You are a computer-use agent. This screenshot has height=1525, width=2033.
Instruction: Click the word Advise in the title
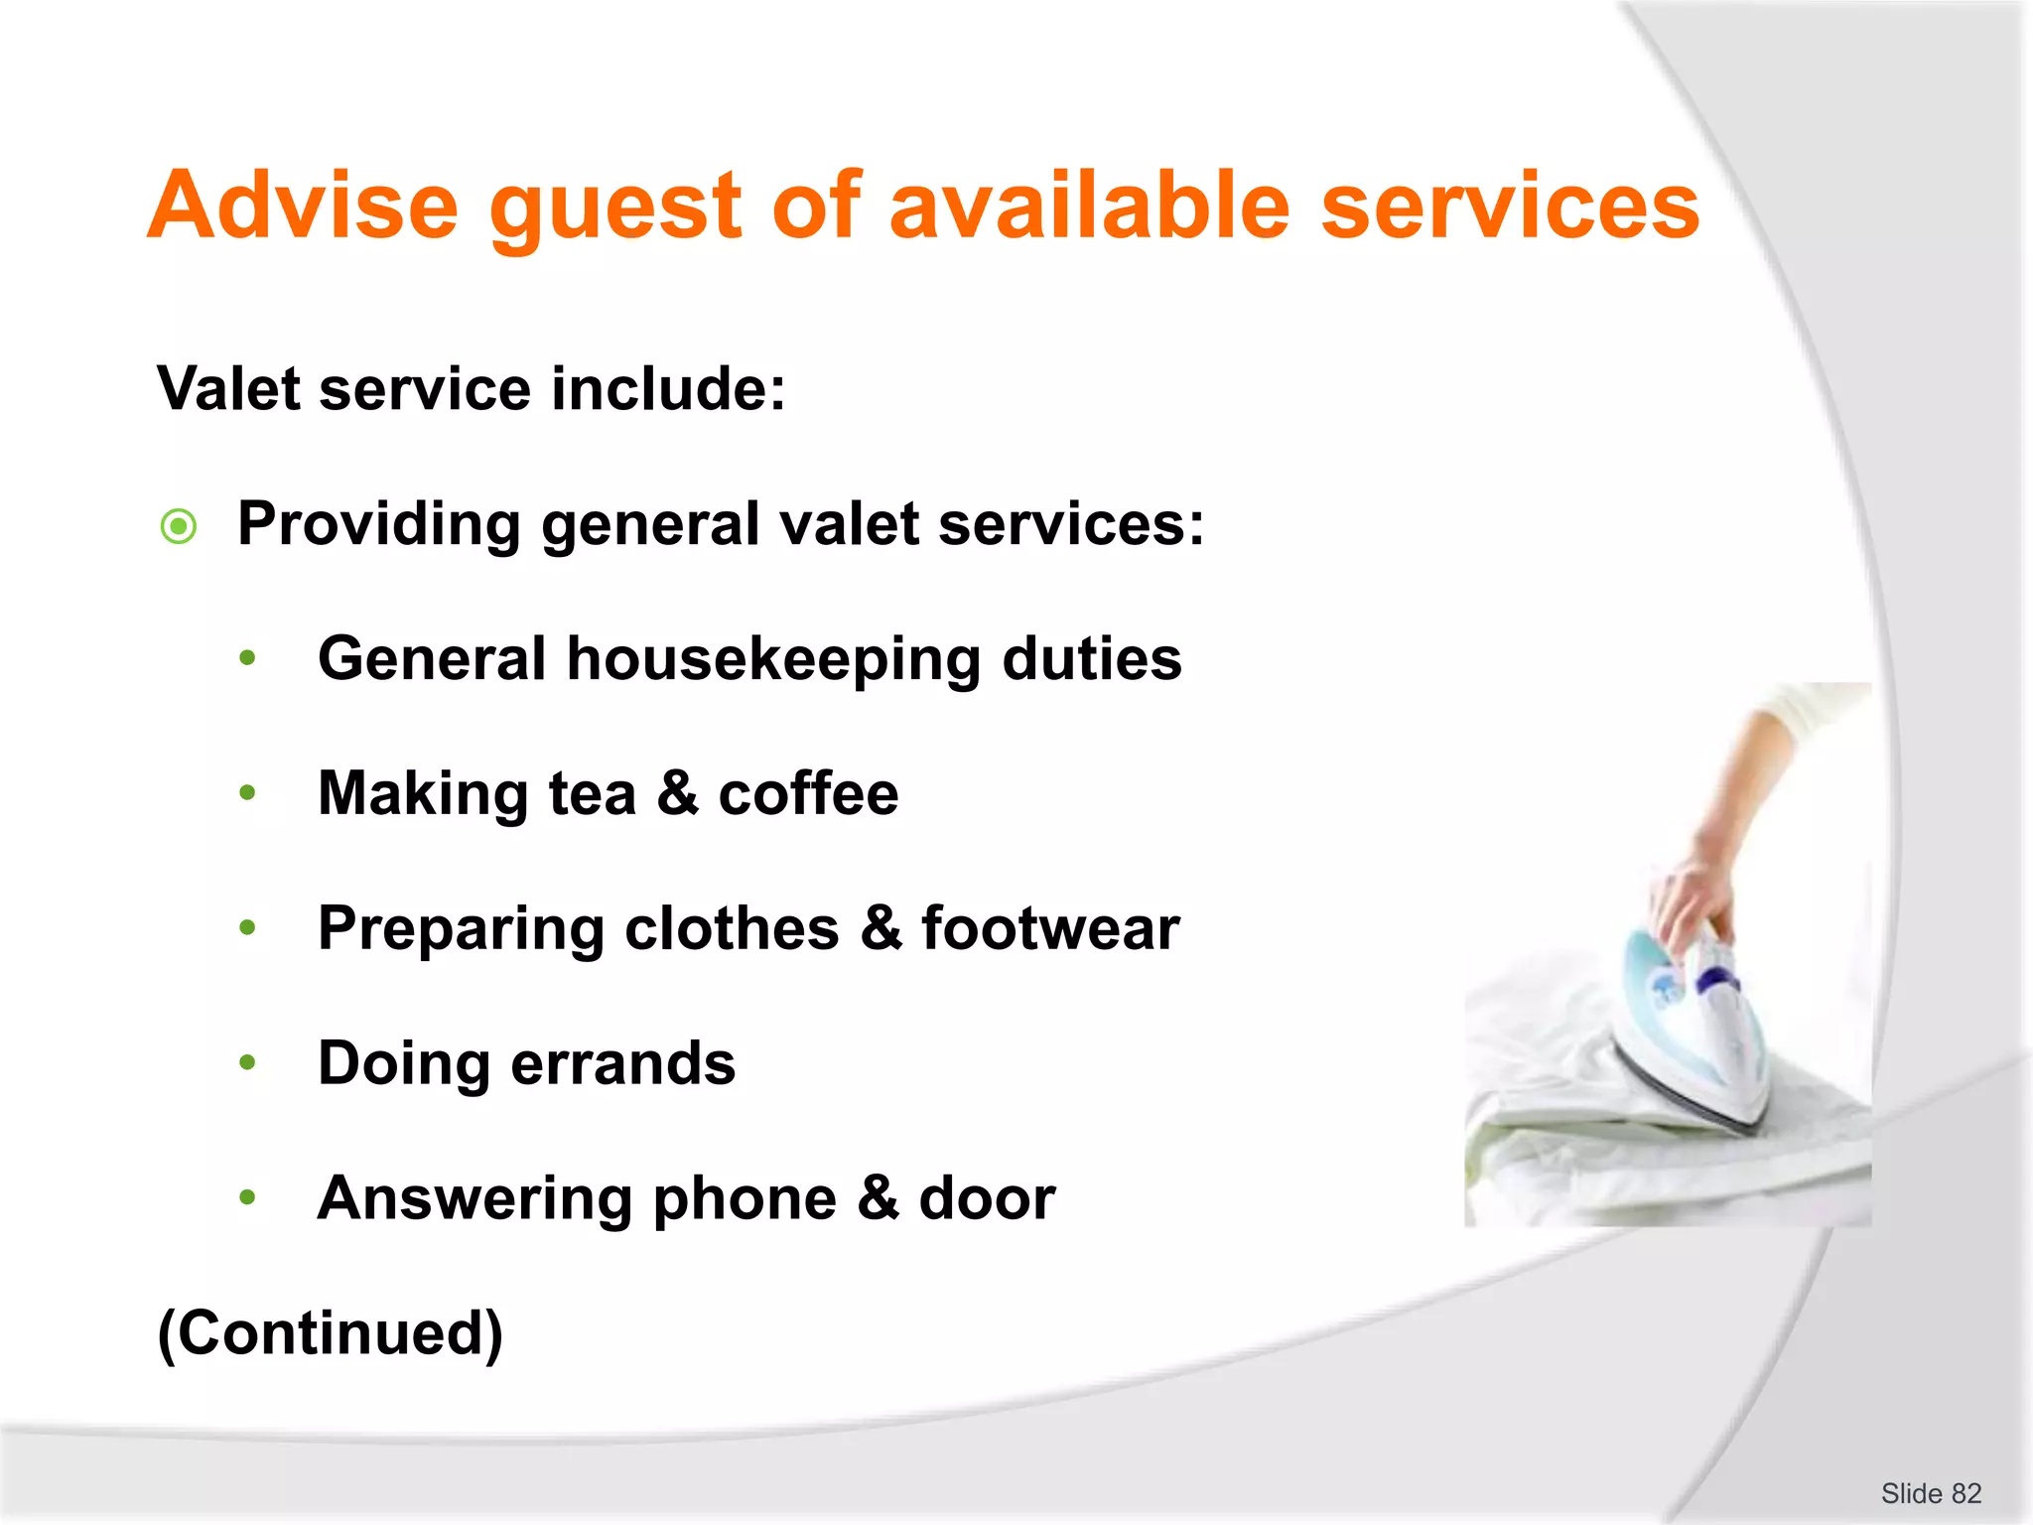[x=303, y=206]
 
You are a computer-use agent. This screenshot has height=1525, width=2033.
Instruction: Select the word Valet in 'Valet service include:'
[x=228, y=388]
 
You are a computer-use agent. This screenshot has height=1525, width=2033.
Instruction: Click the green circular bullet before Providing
[x=179, y=525]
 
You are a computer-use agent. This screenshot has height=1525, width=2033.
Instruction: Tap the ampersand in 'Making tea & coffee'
[x=677, y=793]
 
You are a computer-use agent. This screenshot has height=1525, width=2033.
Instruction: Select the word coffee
[x=808, y=793]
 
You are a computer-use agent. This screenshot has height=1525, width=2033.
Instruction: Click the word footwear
[x=1050, y=928]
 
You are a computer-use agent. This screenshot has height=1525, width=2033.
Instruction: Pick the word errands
[x=623, y=1063]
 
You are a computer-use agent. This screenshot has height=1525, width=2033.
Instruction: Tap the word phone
[x=745, y=1198]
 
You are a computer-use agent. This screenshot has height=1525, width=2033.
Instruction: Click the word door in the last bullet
[x=987, y=1198]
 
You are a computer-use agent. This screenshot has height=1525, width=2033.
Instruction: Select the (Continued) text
[x=331, y=1333]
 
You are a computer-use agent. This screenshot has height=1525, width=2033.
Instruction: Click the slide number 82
[x=1965, y=1493]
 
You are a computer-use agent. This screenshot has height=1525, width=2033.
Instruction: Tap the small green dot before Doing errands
[x=248, y=1063]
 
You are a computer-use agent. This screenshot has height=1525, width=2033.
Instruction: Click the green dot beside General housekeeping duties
[x=248, y=658]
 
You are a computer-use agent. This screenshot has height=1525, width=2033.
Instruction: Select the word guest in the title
[x=615, y=206]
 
